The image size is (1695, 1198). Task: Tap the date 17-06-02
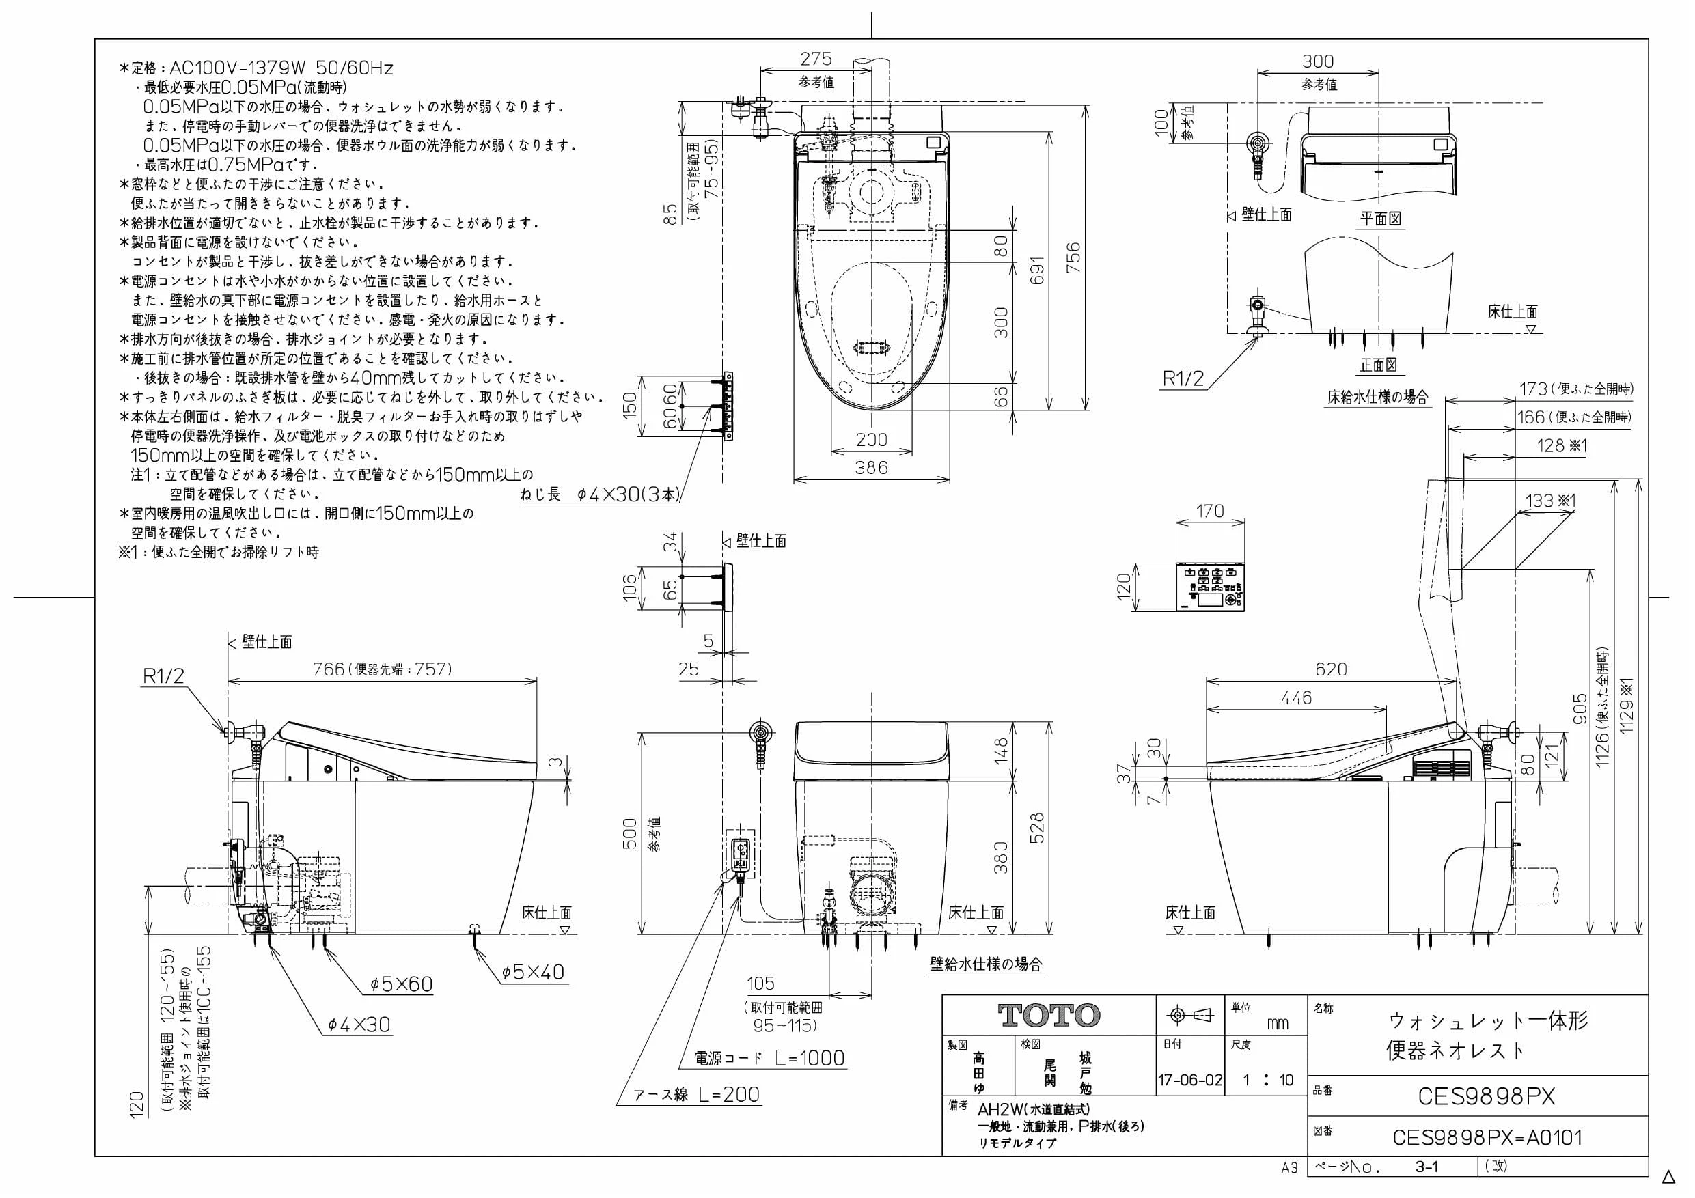[x=1190, y=1080]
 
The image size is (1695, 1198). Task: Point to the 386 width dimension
[x=871, y=467]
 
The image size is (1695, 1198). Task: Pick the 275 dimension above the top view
[x=816, y=58]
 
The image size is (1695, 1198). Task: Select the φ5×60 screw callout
[x=401, y=984]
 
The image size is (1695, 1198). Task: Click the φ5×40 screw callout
[x=532, y=972]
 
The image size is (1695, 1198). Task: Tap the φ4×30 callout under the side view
[x=359, y=1025]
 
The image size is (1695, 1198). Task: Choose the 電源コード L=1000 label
[x=769, y=1058]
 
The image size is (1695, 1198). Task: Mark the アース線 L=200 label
[x=697, y=1094]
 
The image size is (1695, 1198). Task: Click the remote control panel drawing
[x=1210, y=588]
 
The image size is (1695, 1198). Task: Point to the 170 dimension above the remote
[x=1210, y=511]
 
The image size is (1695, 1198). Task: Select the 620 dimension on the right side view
[x=1331, y=669]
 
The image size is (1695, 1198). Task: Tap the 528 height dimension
[x=1036, y=828]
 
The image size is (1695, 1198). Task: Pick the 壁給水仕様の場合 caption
[x=987, y=964]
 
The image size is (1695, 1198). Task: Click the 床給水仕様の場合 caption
[x=1377, y=397]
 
